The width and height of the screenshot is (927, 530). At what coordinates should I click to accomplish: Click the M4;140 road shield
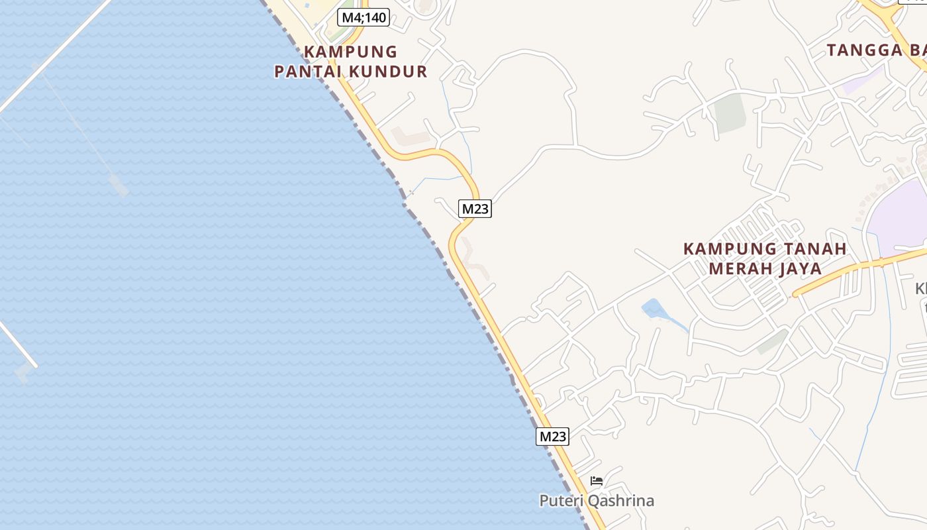(363, 17)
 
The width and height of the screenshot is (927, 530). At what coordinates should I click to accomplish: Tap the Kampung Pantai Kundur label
(351, 62)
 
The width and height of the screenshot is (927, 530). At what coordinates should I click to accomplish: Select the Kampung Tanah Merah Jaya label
(765, 258)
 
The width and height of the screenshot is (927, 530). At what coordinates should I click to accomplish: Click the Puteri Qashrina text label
(597, 501)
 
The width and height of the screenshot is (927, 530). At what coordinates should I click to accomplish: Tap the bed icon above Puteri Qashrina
(597, 481)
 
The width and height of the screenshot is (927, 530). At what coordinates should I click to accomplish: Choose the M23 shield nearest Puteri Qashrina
(552, 436)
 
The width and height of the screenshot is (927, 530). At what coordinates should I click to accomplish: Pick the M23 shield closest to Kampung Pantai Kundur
(475, 209)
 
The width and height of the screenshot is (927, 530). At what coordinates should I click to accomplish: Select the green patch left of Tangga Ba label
(730, 112)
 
